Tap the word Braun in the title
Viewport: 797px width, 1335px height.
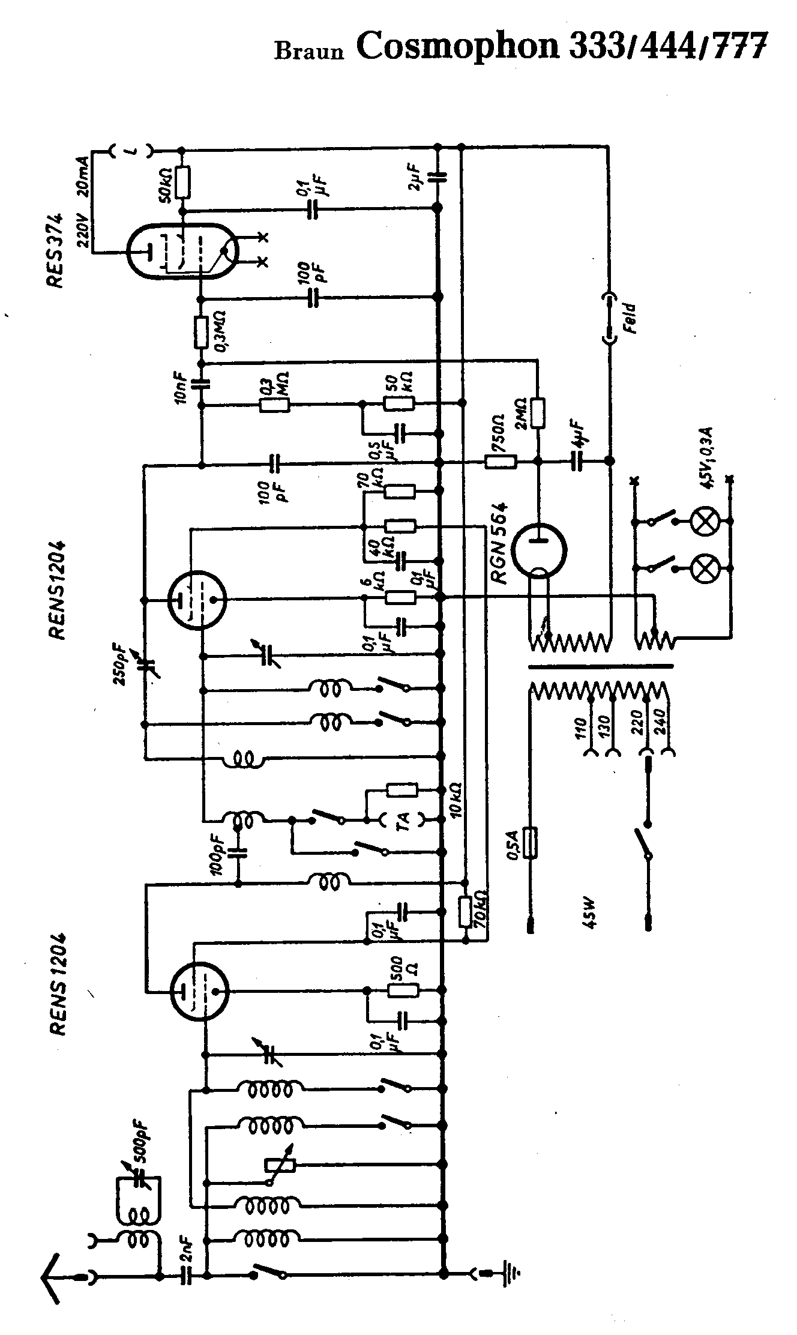[309, 52]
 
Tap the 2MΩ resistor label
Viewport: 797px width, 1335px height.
[521, 413]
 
